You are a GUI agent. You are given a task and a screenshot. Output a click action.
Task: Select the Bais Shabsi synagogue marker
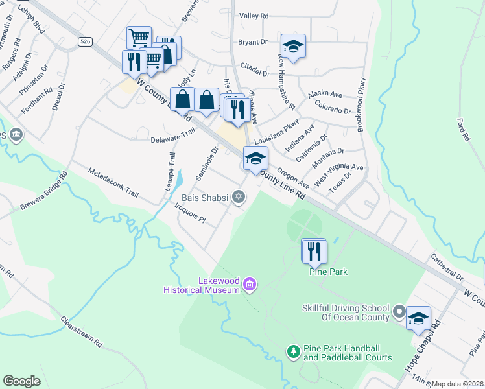[x=239, y=196]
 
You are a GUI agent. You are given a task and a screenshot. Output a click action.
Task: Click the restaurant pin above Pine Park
[x=314, y=251]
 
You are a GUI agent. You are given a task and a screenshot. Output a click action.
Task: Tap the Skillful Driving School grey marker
[x=399, y=312]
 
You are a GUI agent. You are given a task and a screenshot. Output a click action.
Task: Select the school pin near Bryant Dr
[x=293, y=46]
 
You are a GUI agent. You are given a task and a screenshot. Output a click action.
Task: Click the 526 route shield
[x=84, y=41]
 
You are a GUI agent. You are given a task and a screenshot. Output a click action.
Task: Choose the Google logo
[x=22, y=381]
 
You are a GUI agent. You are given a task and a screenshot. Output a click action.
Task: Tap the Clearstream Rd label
[x=82, y=331]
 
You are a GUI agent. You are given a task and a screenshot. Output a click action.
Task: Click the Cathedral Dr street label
[x=446, y=267]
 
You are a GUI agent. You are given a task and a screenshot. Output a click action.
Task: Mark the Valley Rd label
[x=254, y=16]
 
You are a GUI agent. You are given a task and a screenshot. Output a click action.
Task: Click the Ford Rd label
[x=462, y=130]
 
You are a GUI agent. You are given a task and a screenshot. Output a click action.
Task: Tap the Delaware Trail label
[x=172, y=136]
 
